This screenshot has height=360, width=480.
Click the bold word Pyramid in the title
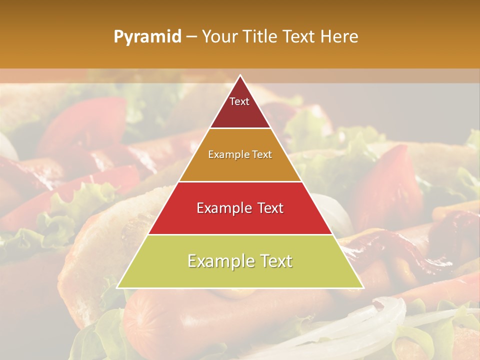[147, 36]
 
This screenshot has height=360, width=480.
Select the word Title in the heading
[260, 36]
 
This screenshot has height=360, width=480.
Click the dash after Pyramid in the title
[191, 37]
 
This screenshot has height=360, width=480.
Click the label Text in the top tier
[239, 101]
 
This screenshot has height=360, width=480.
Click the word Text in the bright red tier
[268, 207]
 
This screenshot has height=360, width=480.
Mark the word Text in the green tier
[275, 261]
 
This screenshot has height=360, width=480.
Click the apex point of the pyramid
[240, 76]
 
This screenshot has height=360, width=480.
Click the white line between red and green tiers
[240, 234]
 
